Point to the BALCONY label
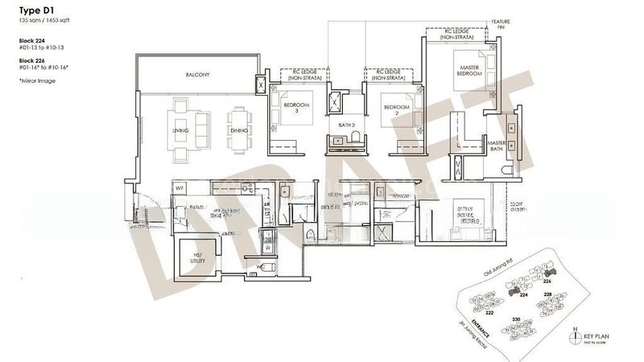click(197, 75)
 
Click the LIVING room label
click(180, 130)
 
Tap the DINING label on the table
click(238, 130)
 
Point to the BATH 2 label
click(347, 125)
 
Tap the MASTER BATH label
click(496, 147)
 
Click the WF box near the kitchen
click(181, 190)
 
